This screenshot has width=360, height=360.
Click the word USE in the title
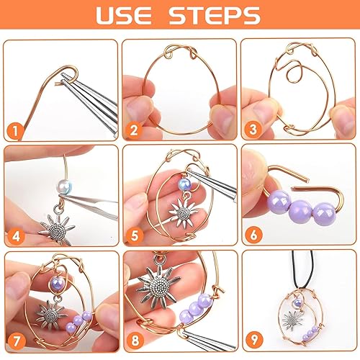point(124,15)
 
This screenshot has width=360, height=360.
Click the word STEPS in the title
point(215,15)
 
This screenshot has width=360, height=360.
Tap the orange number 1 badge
point(15,131)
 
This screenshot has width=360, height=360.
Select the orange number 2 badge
point(133,130)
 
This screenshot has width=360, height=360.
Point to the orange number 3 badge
point(253,130)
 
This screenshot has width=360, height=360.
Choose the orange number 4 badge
point(16,236)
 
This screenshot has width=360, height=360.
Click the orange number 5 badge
point(135,235)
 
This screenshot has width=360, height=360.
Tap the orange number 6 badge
point(253,235)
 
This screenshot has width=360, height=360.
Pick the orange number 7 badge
point(17,341)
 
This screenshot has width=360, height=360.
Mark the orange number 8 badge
point(135,341)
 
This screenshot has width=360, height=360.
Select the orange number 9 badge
point(254,339)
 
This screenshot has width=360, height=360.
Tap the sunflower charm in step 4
point(57,228)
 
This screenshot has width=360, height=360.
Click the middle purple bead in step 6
point(301,208)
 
